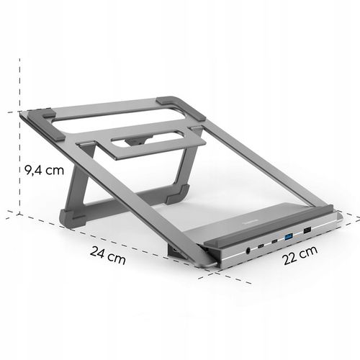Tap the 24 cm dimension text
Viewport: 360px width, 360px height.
(x=109, y=253)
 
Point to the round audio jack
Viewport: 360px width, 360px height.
(x=248, y=249)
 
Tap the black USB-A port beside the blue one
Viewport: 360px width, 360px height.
(x=307, y=230)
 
